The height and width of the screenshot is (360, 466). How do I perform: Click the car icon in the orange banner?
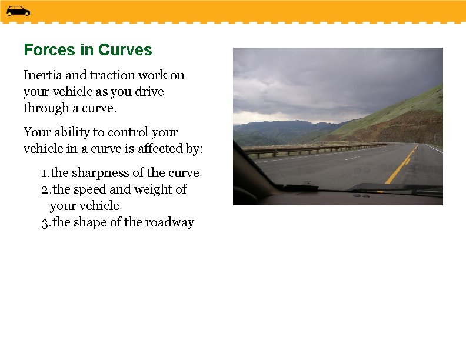point(18,11)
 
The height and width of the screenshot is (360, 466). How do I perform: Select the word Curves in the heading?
point(125,50)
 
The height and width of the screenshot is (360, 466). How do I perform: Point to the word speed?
point(89,189)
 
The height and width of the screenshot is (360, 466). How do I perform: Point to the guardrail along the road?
point(306,149)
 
